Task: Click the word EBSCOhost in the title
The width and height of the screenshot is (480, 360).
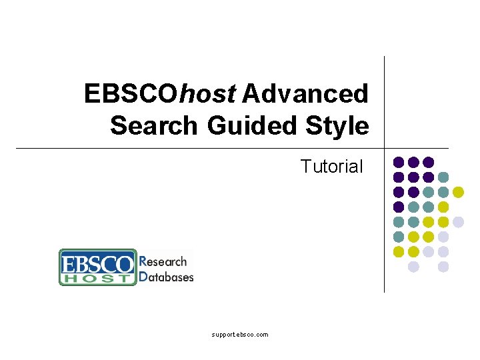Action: pyautogui.click(x=160, y=94)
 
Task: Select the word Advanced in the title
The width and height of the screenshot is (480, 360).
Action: pyautogui.click(x=305, y=94)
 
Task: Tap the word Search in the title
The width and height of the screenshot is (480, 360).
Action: pyautogui.click(x=154, y=125)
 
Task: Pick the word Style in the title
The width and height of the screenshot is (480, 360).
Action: pyautogui.click(x=338, y=125)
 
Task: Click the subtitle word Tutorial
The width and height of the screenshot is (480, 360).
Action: pyautogui.click(x=332, y=166)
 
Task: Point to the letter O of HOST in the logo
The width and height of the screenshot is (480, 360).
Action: pyautogui.click(x=87, y=279)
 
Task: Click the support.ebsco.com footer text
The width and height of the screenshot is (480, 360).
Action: pyautogui.click(x=240, y=335)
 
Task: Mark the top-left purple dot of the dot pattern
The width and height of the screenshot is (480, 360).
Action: pyautogui.click(x=399, y=162)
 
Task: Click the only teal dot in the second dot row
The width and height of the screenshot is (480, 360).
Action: pyautogui.click(x=443, y=177)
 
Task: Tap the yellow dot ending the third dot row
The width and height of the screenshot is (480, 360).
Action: pyautogui.click(x=458, y=192)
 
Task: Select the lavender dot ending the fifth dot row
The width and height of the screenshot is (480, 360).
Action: pyautogui.click(x=458, y=222)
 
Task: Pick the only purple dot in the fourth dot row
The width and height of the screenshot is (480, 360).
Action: pyautogui.click(x=399, y=207)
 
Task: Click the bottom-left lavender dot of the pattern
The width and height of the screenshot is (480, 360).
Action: pyautogui.click(x=413, y=267)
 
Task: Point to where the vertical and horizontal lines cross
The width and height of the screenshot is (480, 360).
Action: pyautogui.click(x=385, y=148)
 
